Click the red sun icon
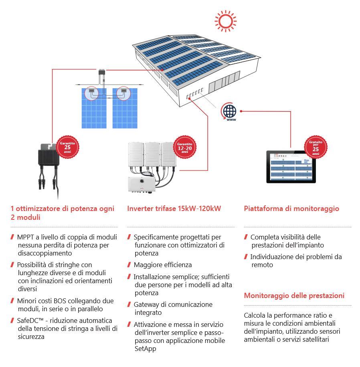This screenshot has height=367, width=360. pyautogui.click(x=225, y=20)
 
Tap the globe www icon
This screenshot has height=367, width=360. pyautogui.click(x=230, y=112)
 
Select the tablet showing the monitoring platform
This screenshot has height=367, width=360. pyautogui.click(x=291, y=167)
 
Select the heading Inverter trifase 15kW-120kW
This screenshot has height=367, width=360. pyautogui.click(x=174, y=209)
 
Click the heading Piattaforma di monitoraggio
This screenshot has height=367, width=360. pyautogui.click(x=291, y=209)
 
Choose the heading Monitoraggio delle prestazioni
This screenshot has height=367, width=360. pyautogui.click(x=294, y=296)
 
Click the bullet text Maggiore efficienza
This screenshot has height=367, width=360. pyautogui.click(x=162, y=265)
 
